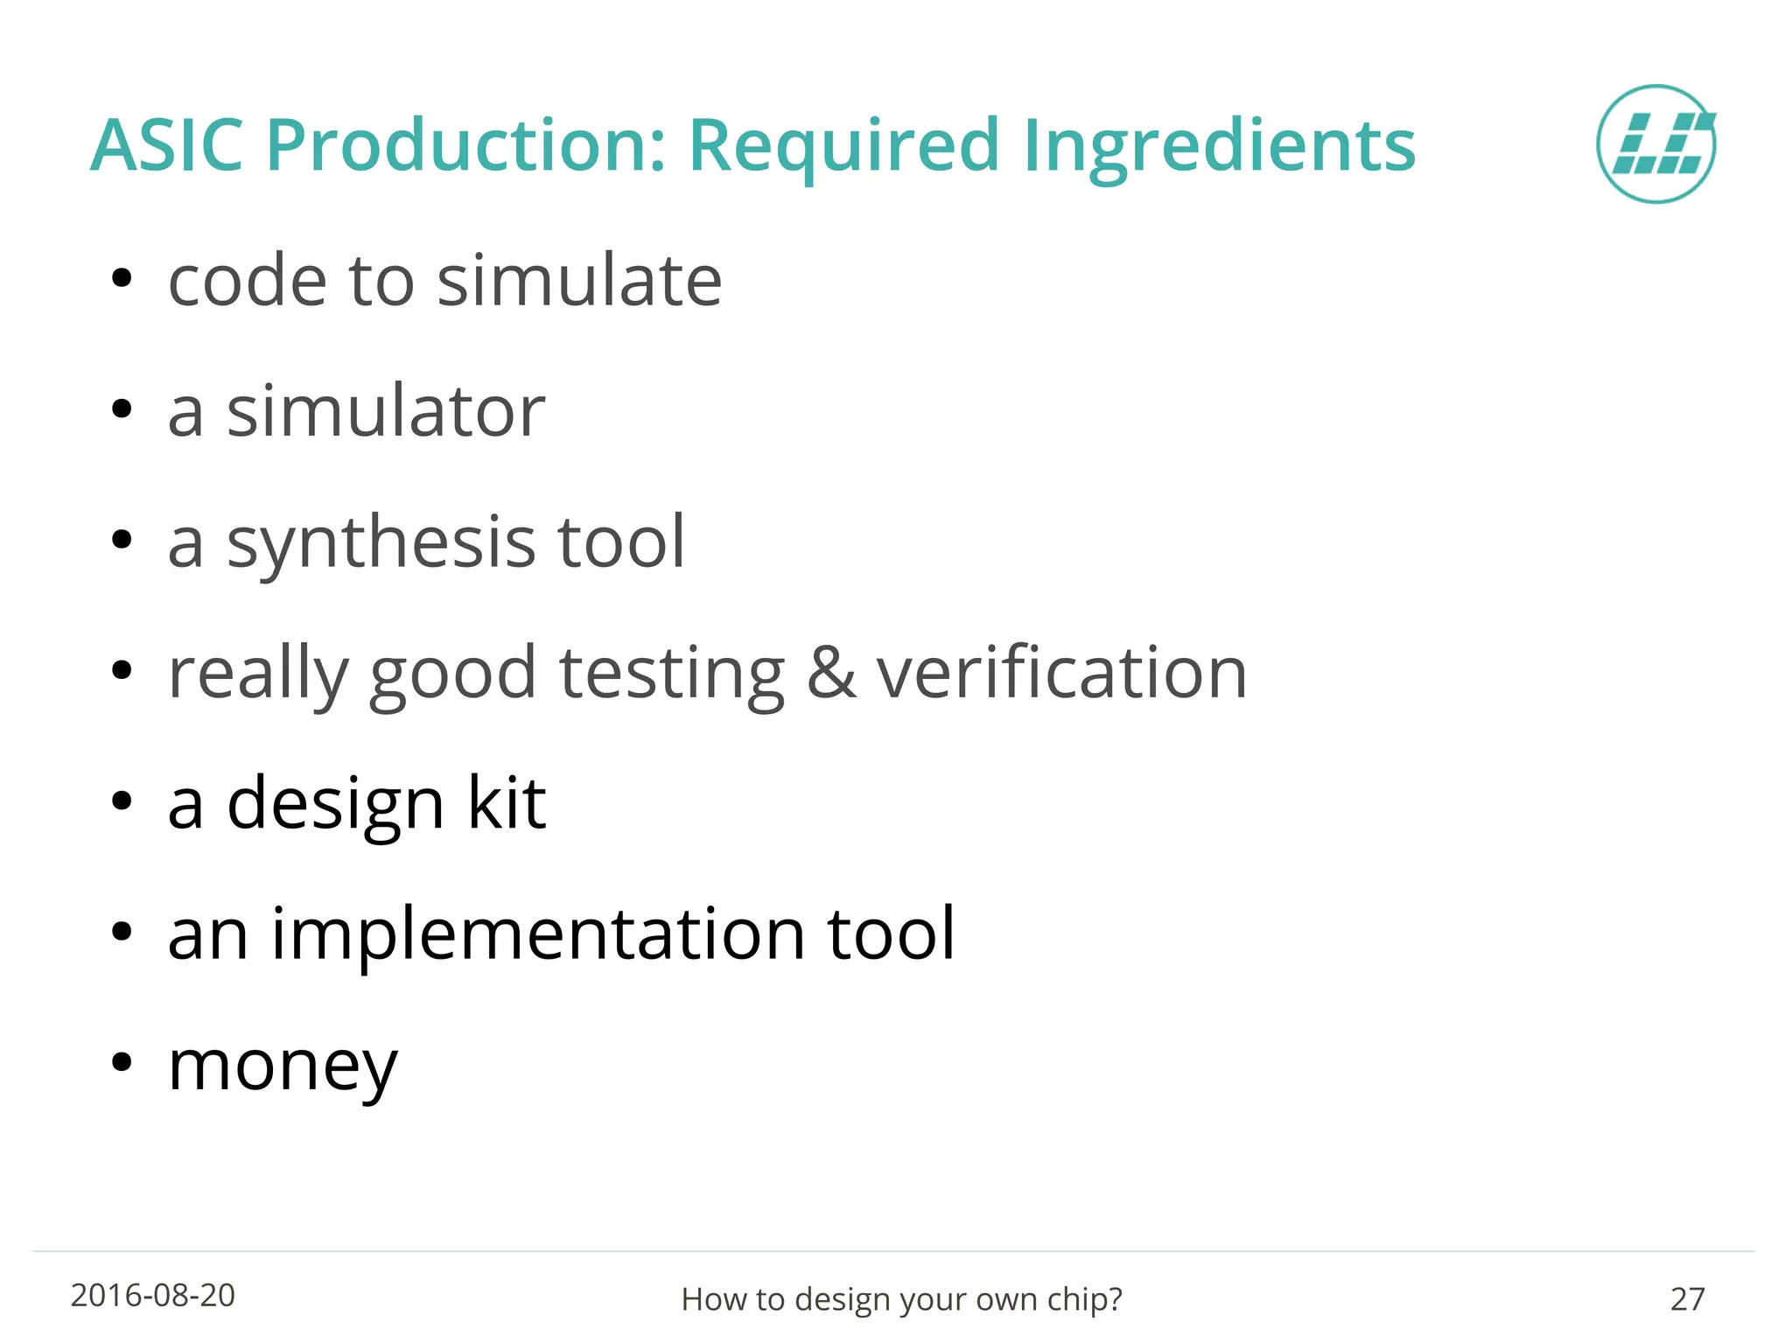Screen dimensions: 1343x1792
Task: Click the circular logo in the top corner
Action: point(1655,144)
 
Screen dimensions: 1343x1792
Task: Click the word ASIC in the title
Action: point(166,144)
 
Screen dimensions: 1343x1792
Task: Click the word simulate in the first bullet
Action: point(579,281)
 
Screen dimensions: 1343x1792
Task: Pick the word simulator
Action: point(386,411)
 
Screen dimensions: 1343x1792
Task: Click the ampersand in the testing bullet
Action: point(830,673)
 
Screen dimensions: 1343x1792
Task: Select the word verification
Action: point(1061,673)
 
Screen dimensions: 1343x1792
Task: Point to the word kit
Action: point(507,802)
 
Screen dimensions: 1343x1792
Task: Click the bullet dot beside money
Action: point(122,1062)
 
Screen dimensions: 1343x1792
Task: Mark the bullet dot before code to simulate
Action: point(122,279)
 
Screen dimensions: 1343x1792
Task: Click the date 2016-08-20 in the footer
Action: point(152,1296)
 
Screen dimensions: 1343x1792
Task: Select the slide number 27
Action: point(1687,1299)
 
